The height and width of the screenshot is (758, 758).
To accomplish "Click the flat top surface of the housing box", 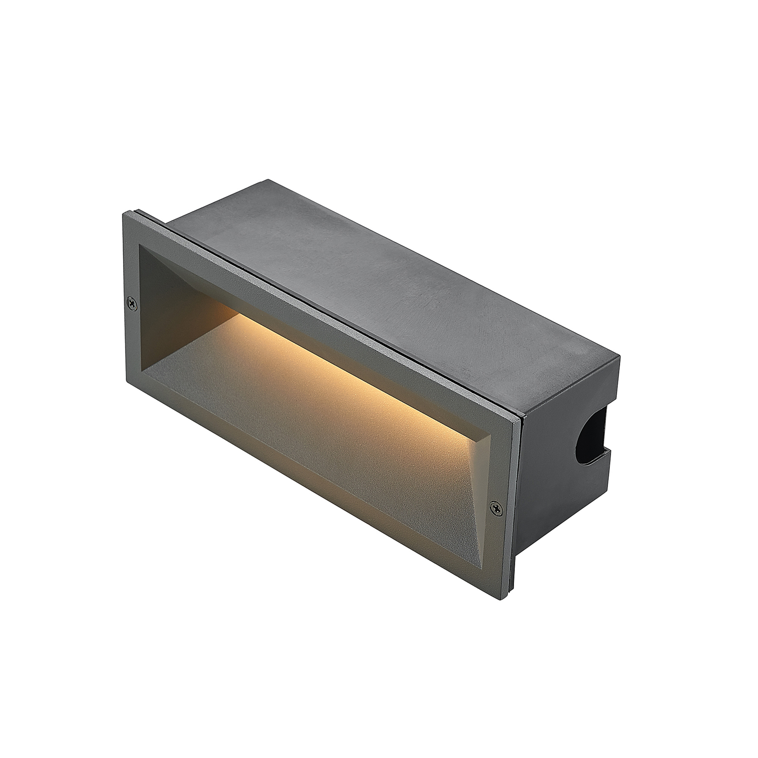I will click(x=392, y=282).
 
